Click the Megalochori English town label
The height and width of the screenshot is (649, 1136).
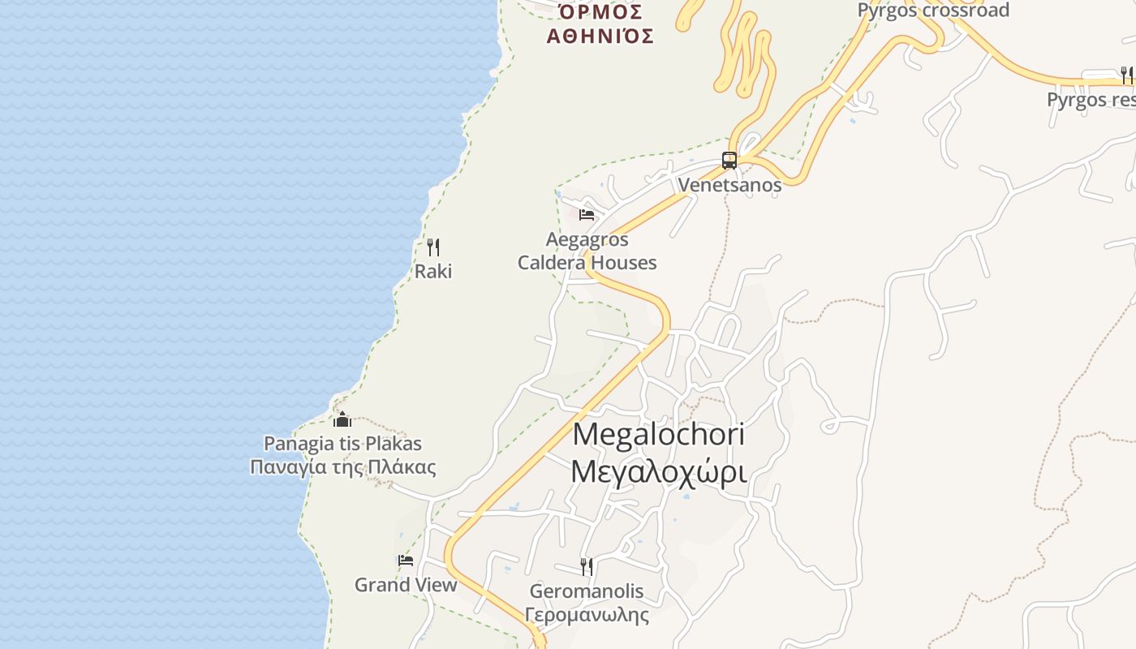658,434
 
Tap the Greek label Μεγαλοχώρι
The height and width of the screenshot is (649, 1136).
658,471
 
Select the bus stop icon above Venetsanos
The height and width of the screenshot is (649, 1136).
729,161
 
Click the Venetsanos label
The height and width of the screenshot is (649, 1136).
729,185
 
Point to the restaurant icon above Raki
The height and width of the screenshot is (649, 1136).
433,247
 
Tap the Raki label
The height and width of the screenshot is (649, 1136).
433,271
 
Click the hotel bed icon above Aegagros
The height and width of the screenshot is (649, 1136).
587,215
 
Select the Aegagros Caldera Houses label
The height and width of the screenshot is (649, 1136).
587,251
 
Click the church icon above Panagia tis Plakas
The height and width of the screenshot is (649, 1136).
342,419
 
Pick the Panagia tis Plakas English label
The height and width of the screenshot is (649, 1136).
342,444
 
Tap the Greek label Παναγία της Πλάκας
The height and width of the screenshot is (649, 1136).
342,467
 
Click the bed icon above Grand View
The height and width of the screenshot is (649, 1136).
406,560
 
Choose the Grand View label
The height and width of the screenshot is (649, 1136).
406,585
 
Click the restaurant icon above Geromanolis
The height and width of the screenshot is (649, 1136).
587,566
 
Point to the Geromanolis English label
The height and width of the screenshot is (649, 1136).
587,591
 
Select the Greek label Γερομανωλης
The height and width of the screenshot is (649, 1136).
587,615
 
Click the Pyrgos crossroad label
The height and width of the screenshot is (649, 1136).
933,11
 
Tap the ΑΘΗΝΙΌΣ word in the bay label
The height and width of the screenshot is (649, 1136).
600,36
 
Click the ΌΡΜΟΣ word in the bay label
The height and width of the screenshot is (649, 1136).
600,12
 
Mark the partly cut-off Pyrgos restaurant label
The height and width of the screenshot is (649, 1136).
1091,100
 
